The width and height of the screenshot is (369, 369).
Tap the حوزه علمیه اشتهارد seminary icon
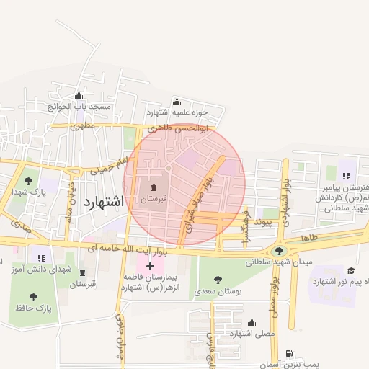coord(177,102)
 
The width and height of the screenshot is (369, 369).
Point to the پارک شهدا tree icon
coord(28,182)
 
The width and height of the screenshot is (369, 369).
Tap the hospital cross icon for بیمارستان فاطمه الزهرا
coord(150,266)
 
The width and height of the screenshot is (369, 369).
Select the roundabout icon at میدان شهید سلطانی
coord(279,251)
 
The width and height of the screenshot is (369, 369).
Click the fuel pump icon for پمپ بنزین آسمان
coord(289,355)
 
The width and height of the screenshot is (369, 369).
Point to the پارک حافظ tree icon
coord(34,296)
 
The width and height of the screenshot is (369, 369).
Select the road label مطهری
coord(83,125)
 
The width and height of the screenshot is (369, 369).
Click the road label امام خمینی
coord(108,166)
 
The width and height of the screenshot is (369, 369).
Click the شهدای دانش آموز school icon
coord(41,257)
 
